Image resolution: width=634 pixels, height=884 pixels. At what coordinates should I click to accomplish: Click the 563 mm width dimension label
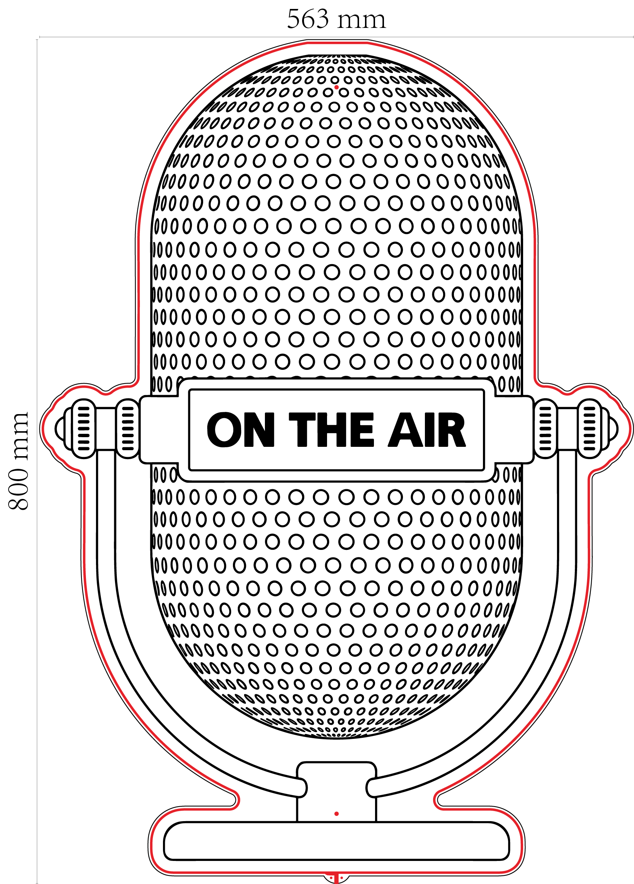pos(336,19)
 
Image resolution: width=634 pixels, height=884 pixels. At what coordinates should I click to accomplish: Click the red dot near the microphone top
pos(336,87)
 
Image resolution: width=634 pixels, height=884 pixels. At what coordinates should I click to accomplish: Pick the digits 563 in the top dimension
pos(308,19)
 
